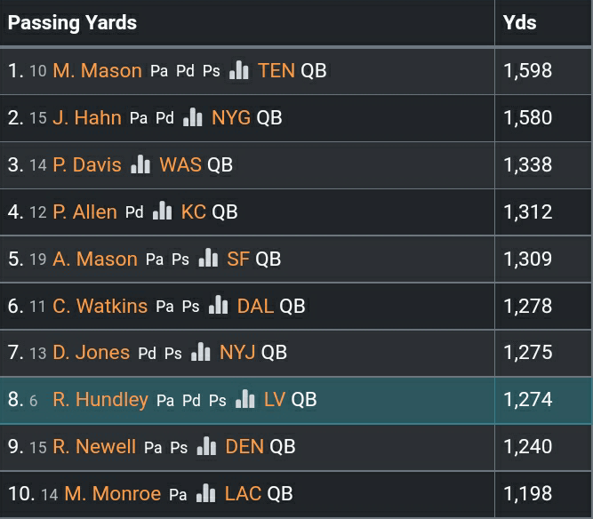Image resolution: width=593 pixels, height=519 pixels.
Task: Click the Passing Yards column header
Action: [x=73, y=23]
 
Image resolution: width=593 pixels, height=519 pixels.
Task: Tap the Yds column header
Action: [x=519, y=22]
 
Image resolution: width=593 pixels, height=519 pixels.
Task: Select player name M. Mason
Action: [x=97, y=71]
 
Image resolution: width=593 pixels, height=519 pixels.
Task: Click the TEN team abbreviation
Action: [x=276, y=71]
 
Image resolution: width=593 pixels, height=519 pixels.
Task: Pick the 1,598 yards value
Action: [x=527, y=71]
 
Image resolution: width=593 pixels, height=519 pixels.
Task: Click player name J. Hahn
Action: [x=87, y=118]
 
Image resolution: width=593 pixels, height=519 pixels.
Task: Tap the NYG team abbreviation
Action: [x=231, y=118]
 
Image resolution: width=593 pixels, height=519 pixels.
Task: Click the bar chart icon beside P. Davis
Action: [x=140, y=165]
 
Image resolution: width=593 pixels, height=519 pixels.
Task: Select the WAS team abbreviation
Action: [x=180, y=165]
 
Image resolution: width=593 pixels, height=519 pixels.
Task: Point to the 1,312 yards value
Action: [x=527, y=212]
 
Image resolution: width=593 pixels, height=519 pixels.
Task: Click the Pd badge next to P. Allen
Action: [x=134, y=212]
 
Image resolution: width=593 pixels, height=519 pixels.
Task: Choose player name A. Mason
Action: [x=95, y=259]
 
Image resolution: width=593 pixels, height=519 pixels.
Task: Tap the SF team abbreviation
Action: [x=238, y=259]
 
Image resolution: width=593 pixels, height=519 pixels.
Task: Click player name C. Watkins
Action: [x=100, y=307]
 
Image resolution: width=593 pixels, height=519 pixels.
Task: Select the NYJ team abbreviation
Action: [x=237, y=353]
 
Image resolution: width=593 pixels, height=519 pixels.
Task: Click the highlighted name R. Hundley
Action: [x=100, y=400]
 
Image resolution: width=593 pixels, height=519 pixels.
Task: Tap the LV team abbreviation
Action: [x=275, y=400]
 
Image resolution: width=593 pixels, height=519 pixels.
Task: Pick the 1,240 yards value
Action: [x=527, y=447]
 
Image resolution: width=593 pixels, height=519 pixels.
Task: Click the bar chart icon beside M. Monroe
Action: [x=206, y=494]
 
